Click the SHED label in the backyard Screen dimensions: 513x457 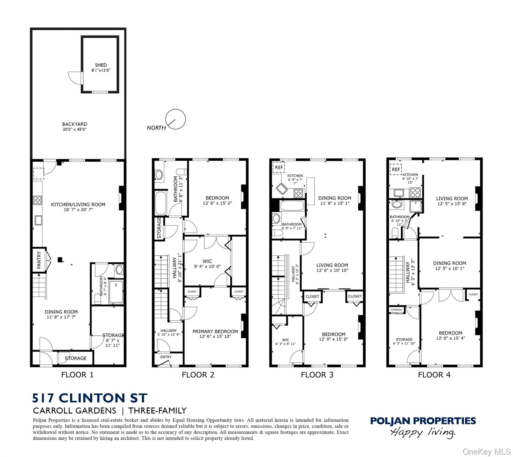coord(101,65)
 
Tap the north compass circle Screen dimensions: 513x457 coord(175,119)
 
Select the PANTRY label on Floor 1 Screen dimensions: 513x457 coord(39,260)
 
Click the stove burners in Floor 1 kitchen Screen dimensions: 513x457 coord(38,200)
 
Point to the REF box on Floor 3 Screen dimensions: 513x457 coord(279,167)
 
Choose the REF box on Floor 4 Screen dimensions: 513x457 coord(396,169)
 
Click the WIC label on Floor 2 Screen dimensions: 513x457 coord(207,262)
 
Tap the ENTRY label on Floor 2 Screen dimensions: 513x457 coord(166,357)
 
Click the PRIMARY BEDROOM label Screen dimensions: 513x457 coord(215,331)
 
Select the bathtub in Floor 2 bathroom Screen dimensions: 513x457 coord(161,203)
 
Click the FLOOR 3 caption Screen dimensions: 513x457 coord(317,375)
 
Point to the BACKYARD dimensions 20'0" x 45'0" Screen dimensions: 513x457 coord(75,129)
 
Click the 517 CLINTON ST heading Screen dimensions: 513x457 coord(90,398)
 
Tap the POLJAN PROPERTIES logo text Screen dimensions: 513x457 coord(423,421)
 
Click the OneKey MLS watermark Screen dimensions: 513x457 coord(487,452)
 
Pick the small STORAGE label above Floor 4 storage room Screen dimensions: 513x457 coord(396,310)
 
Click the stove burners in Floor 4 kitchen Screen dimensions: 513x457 coord(415,193)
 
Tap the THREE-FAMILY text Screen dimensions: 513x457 coord(158,411)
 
